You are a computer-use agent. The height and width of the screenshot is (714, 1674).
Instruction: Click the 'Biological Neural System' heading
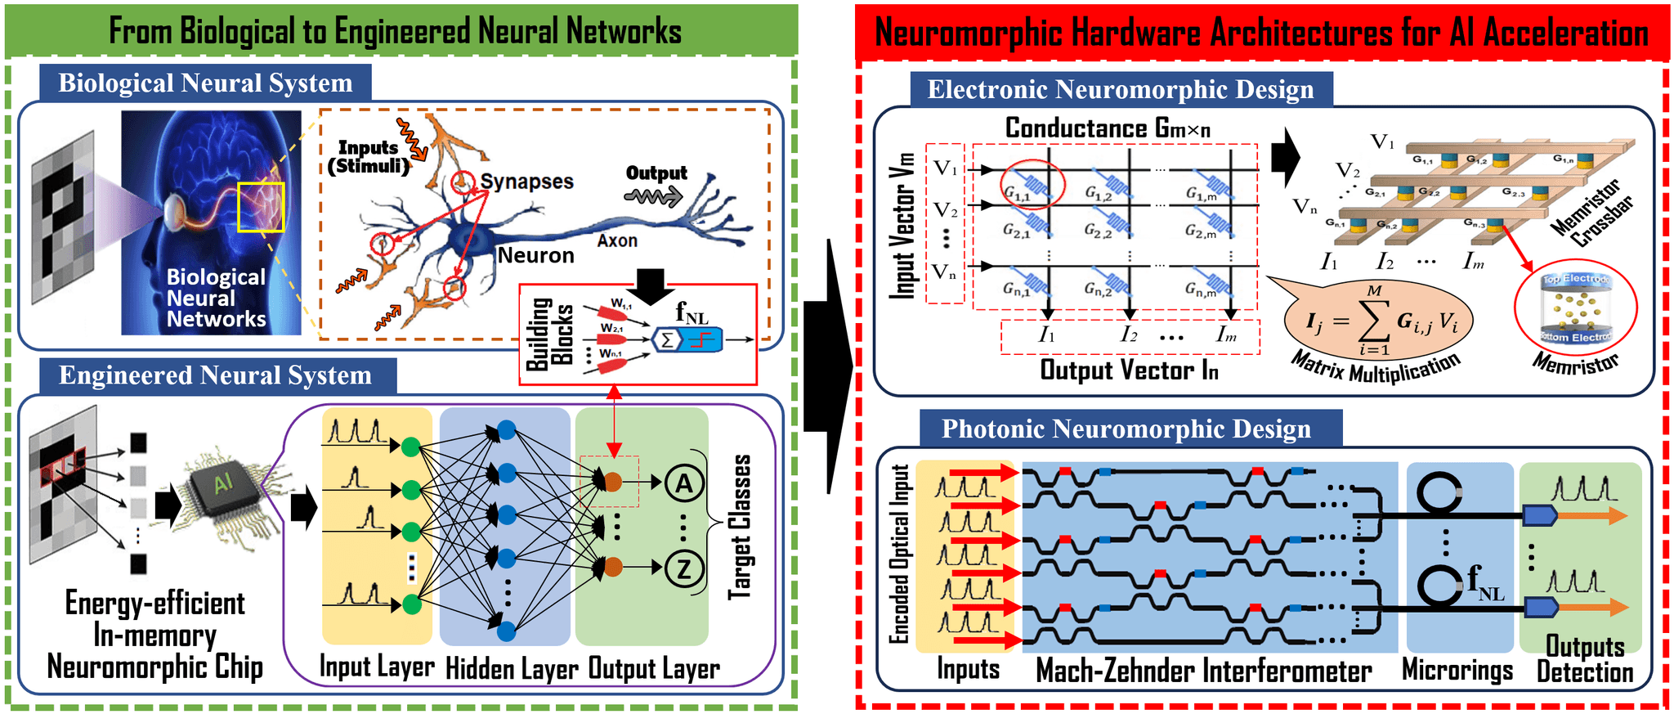click(x=205, y=83)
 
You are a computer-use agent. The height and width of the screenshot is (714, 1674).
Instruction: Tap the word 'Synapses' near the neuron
click(x=526, y=182)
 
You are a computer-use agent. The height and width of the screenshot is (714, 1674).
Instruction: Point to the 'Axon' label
click(x=616, y=240)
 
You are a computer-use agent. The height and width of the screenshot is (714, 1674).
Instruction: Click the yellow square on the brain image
click(x=261, y=207)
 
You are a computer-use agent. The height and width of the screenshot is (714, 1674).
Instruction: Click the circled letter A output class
click(x=683, y=483)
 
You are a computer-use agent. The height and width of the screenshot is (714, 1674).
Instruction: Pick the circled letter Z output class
click(x=683, y=568)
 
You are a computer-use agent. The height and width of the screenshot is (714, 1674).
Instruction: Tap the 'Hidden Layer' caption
click(x=512, y=669)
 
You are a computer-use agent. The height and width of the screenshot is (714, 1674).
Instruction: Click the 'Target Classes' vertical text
click(x=740, y=528)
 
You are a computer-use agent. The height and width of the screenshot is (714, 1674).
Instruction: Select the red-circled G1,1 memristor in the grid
click(x=1032, y=184)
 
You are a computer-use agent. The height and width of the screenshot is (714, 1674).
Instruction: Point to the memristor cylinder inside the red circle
click(x=1575, y=309)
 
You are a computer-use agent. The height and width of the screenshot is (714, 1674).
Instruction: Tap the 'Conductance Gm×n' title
click(x=1107, y=128)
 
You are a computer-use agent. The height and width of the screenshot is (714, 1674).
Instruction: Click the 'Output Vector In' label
click(x=1129, y=370)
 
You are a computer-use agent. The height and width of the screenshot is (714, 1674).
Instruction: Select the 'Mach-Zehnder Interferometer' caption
click(x=1203, y=671)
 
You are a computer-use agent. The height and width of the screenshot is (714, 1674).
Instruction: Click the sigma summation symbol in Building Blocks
click(x=667, y=339)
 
